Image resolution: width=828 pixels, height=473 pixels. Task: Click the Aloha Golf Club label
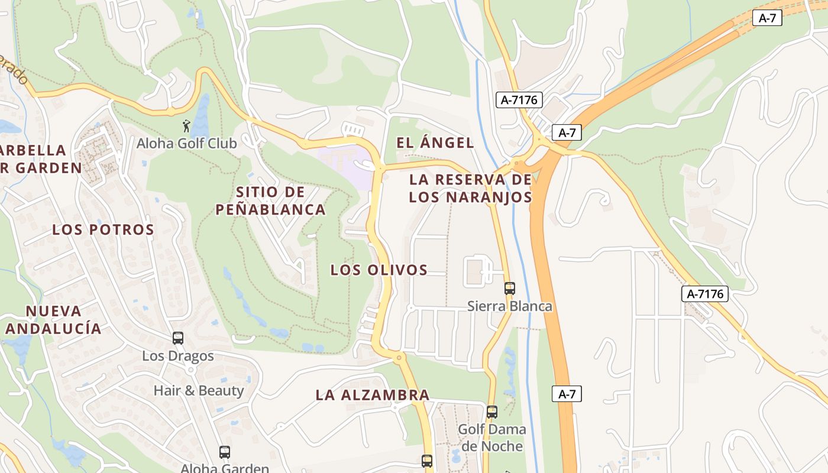pos(187,143)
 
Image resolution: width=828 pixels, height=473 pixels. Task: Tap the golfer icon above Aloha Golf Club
pos(187,126)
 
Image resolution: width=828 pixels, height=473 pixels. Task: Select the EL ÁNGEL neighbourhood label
pos(435,142)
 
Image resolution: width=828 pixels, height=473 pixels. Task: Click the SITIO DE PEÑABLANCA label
pos(270,200)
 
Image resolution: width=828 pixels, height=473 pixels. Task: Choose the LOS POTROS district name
pos(103,229)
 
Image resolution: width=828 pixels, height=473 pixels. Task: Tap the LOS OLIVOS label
pos(379,270)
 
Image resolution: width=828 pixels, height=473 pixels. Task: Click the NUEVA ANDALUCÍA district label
pos(53,320)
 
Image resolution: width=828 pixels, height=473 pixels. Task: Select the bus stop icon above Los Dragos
pos(178,338)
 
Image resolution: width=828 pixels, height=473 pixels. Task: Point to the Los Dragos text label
pos(178,356)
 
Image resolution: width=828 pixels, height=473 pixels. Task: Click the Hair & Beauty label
pos(199,390)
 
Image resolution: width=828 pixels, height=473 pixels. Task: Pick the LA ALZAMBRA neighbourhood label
pos(373,395)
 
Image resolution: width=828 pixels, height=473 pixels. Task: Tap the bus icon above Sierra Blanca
pos(510,289)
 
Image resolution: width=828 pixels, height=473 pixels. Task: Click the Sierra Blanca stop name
pos(510,306)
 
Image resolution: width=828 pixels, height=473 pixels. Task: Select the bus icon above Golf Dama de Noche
pos(492,412)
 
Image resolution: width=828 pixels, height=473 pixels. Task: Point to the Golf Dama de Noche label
pos(493,438)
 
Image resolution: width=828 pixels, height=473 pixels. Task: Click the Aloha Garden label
pos(225,468)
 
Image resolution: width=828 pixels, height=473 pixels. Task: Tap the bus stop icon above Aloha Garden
pos(225,452)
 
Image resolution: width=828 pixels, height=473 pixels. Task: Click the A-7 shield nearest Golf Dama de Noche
pos(567,394)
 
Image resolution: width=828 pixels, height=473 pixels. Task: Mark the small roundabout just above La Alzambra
pos(399,357)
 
